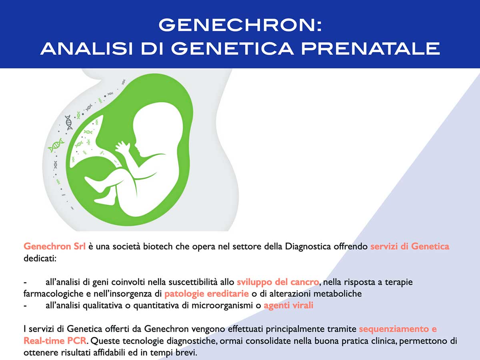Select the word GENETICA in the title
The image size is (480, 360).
coord(232,48)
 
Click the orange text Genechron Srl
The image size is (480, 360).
coord(54,246)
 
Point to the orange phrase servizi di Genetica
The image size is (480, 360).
coord(410,246)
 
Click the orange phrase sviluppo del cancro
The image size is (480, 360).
coord(278,282)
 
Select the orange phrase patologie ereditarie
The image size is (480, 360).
coord(207,294)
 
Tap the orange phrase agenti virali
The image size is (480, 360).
coord(288,305)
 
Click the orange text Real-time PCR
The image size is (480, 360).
coord(55,341)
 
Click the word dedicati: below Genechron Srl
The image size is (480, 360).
coord(40,258)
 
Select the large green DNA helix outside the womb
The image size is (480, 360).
coord(56,145)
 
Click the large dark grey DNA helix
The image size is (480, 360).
coord(69,122)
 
